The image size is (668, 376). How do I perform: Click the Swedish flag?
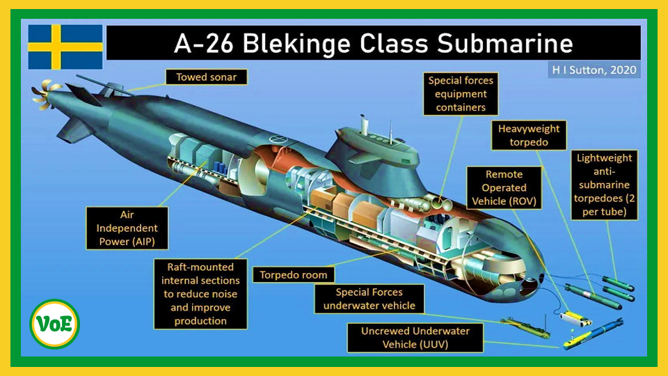65,47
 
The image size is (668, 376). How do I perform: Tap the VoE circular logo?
54,324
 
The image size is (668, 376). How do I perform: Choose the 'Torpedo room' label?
294,274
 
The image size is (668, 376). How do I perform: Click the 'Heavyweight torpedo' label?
529,135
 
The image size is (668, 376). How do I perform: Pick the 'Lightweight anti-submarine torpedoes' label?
603,185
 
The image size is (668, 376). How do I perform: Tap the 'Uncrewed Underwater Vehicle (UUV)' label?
414,338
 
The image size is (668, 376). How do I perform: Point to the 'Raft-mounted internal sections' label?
200,294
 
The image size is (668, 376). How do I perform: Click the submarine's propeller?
43,94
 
